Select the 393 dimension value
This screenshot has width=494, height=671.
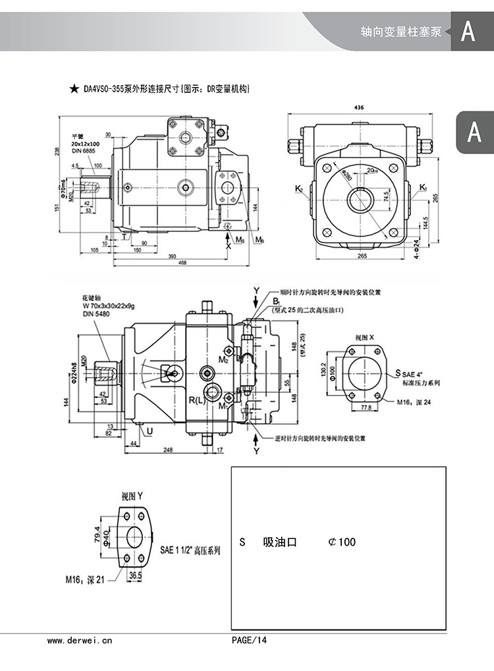[172, 256]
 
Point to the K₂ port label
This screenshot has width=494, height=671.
[298, 189]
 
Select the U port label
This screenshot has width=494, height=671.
[150, 431]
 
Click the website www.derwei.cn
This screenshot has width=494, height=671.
[80, 640]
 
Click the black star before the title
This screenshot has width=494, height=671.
[74, 88]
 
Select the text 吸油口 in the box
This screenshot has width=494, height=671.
[280, 542]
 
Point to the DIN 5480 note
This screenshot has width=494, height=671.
[96, 314]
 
